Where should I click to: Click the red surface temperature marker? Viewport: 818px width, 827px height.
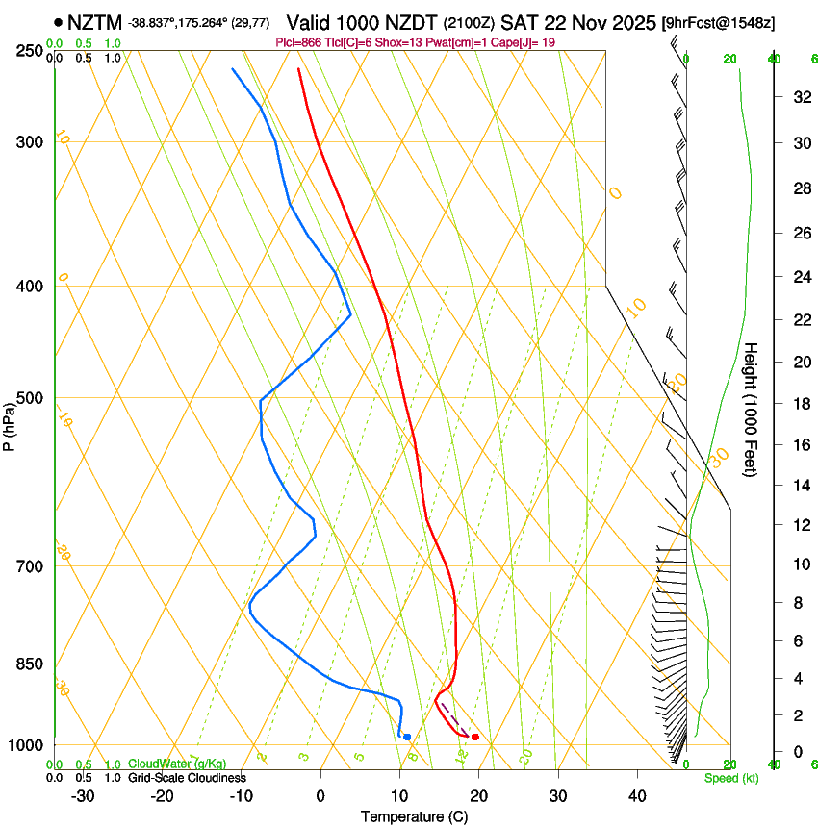pyautogui.click(x=475, y=737)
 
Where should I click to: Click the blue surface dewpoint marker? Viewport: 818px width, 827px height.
pyautogui.click(x=407, y=737)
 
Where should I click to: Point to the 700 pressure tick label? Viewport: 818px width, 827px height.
pyautogui.click(x=31, y=566)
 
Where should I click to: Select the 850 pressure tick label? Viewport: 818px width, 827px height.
pyautogui.click(x=31, y=664)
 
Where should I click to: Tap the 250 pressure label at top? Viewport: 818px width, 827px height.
pyautogui.click(x=31, y=51)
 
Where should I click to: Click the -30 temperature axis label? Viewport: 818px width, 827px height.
pyautogui.click(x=83, y=796)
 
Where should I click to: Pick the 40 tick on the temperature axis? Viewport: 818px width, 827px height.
pyautogui.click(x=637, y=796)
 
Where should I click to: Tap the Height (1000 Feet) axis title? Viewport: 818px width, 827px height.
pyautogui.click(x=750, y=410)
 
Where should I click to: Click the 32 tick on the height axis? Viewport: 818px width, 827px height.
pyautogui.click(x=800, y=97)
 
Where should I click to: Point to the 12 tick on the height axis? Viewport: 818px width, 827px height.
pyautogui.click(x=800, y=524)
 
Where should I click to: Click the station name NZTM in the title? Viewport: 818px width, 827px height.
pyautogui.click(x=94, y=21)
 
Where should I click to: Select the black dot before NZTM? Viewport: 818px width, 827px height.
pyautogui.click(x=60, y=21)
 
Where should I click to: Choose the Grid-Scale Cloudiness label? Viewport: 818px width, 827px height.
pyautogui.click(x=187, y=777)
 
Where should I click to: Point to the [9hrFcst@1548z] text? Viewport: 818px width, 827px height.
pyautogui.click(x=719, y=21)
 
